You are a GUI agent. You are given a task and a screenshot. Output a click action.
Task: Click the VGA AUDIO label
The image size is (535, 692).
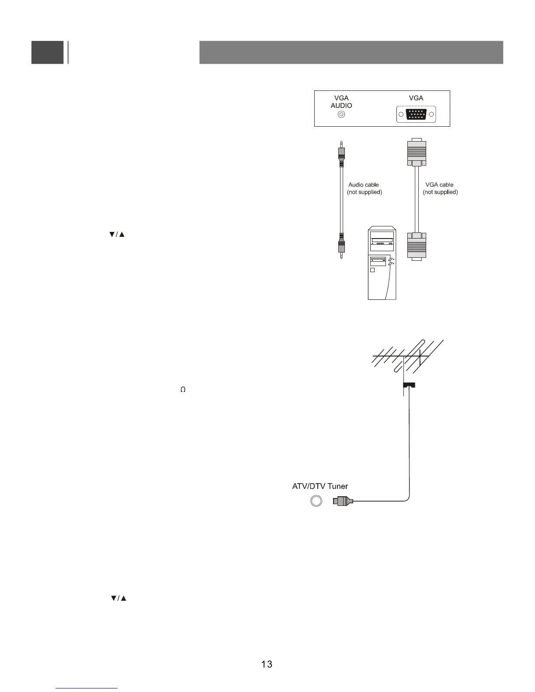tap(341, 102)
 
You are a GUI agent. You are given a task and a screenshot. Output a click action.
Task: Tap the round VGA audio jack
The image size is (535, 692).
tap(342, 115)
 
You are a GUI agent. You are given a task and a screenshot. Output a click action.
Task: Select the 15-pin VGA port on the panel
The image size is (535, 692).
tap(416, 114)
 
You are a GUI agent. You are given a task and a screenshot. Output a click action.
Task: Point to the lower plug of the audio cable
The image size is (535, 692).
tap(341, 245)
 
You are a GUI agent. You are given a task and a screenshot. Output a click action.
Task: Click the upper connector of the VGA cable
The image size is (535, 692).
tap(417, 152)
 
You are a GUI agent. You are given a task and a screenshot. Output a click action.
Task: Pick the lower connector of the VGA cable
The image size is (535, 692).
tap(417, 246)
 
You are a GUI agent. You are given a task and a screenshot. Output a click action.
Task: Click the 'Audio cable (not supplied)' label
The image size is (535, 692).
tap(364, 188)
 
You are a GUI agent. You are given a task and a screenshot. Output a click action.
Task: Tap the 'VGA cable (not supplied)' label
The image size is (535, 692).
tap(440, 188)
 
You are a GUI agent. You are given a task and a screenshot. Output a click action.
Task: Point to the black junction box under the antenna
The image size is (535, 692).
tap(409, 385)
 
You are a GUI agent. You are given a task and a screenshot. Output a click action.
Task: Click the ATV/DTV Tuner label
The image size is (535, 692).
tap(320, 486)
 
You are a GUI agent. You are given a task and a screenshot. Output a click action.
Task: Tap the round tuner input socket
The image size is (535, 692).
tap(316, 501)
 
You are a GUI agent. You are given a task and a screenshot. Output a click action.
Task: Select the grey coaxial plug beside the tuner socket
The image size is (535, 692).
tap(343, 501)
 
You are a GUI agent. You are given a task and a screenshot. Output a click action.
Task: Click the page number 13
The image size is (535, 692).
tap(267, 664)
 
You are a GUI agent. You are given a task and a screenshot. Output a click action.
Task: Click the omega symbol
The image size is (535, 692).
tap(183, 389)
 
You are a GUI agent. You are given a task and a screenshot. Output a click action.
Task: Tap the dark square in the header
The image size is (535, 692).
tap(47, 52)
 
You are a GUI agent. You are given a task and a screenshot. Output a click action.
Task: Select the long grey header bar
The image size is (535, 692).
tap(351, 52)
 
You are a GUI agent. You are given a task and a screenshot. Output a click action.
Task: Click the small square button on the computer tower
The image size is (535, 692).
tap(373, 270)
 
